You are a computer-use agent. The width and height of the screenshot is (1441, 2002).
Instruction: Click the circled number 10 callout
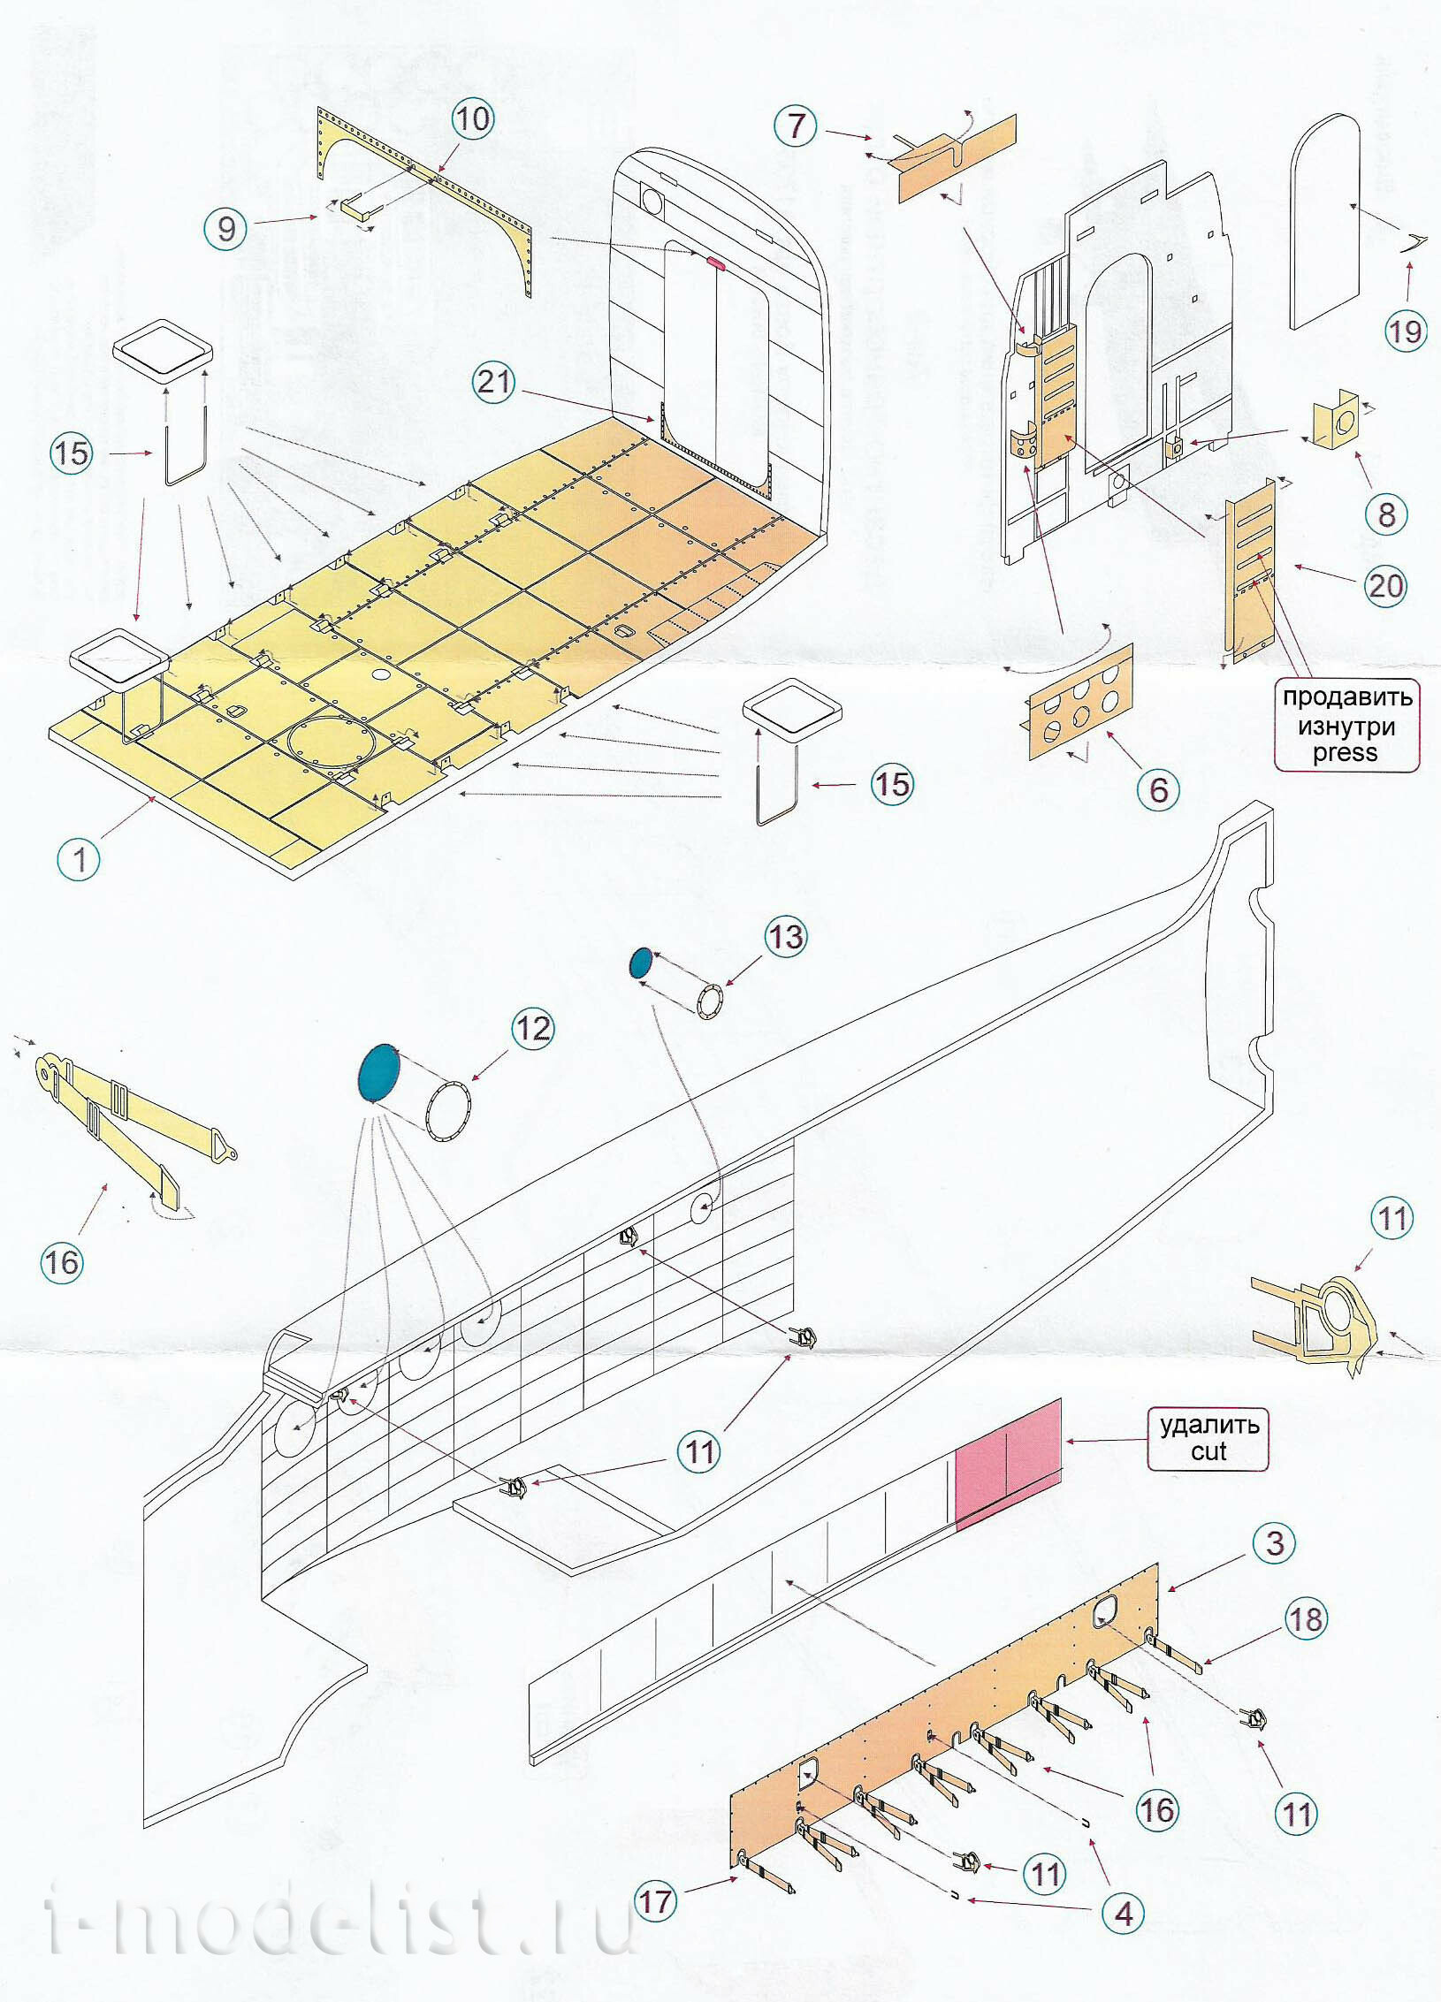tap(473, 118)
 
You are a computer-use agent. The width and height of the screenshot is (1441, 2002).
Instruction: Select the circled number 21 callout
tap(494, 382)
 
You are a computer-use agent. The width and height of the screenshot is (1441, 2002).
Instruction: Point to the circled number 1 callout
tap(80, 858)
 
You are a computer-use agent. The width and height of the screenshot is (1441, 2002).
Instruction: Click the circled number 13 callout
tap(786, 937)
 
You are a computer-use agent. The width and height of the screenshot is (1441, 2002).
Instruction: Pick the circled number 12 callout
tap(533, 1028)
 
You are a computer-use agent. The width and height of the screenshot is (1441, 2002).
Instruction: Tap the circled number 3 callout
tap(1275, 1542)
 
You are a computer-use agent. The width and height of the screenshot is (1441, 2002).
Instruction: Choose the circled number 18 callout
tap(1307, 1619)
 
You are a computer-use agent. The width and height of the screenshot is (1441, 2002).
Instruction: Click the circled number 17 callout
tap(656, 1900)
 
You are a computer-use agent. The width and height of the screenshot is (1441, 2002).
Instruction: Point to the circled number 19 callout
tap(1406, 331)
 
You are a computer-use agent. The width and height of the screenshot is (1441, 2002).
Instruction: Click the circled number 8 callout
tap(1386, 514)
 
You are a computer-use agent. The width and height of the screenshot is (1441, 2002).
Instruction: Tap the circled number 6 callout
tap(1159, 789)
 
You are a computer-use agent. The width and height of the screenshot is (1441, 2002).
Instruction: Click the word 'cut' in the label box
tap(1208, 1451)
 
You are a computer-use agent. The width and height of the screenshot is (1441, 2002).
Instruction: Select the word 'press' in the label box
tap(1345, 752)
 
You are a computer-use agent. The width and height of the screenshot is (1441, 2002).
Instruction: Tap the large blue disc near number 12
tap(379, 1071)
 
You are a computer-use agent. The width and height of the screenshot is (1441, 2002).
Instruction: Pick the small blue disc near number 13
tap(641, 963)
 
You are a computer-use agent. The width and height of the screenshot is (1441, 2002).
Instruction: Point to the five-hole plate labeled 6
tap(1080, 701)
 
